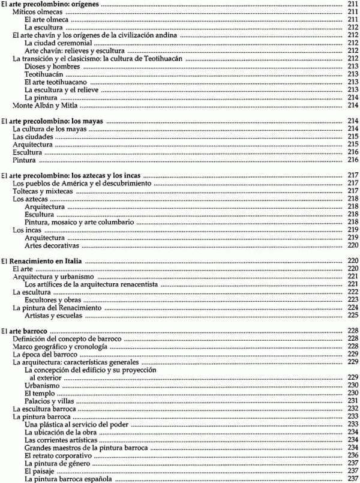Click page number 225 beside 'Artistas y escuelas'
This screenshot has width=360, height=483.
pos(352,316)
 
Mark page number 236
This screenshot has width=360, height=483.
pos(352,455)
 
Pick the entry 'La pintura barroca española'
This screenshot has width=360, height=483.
pos(65,479)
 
